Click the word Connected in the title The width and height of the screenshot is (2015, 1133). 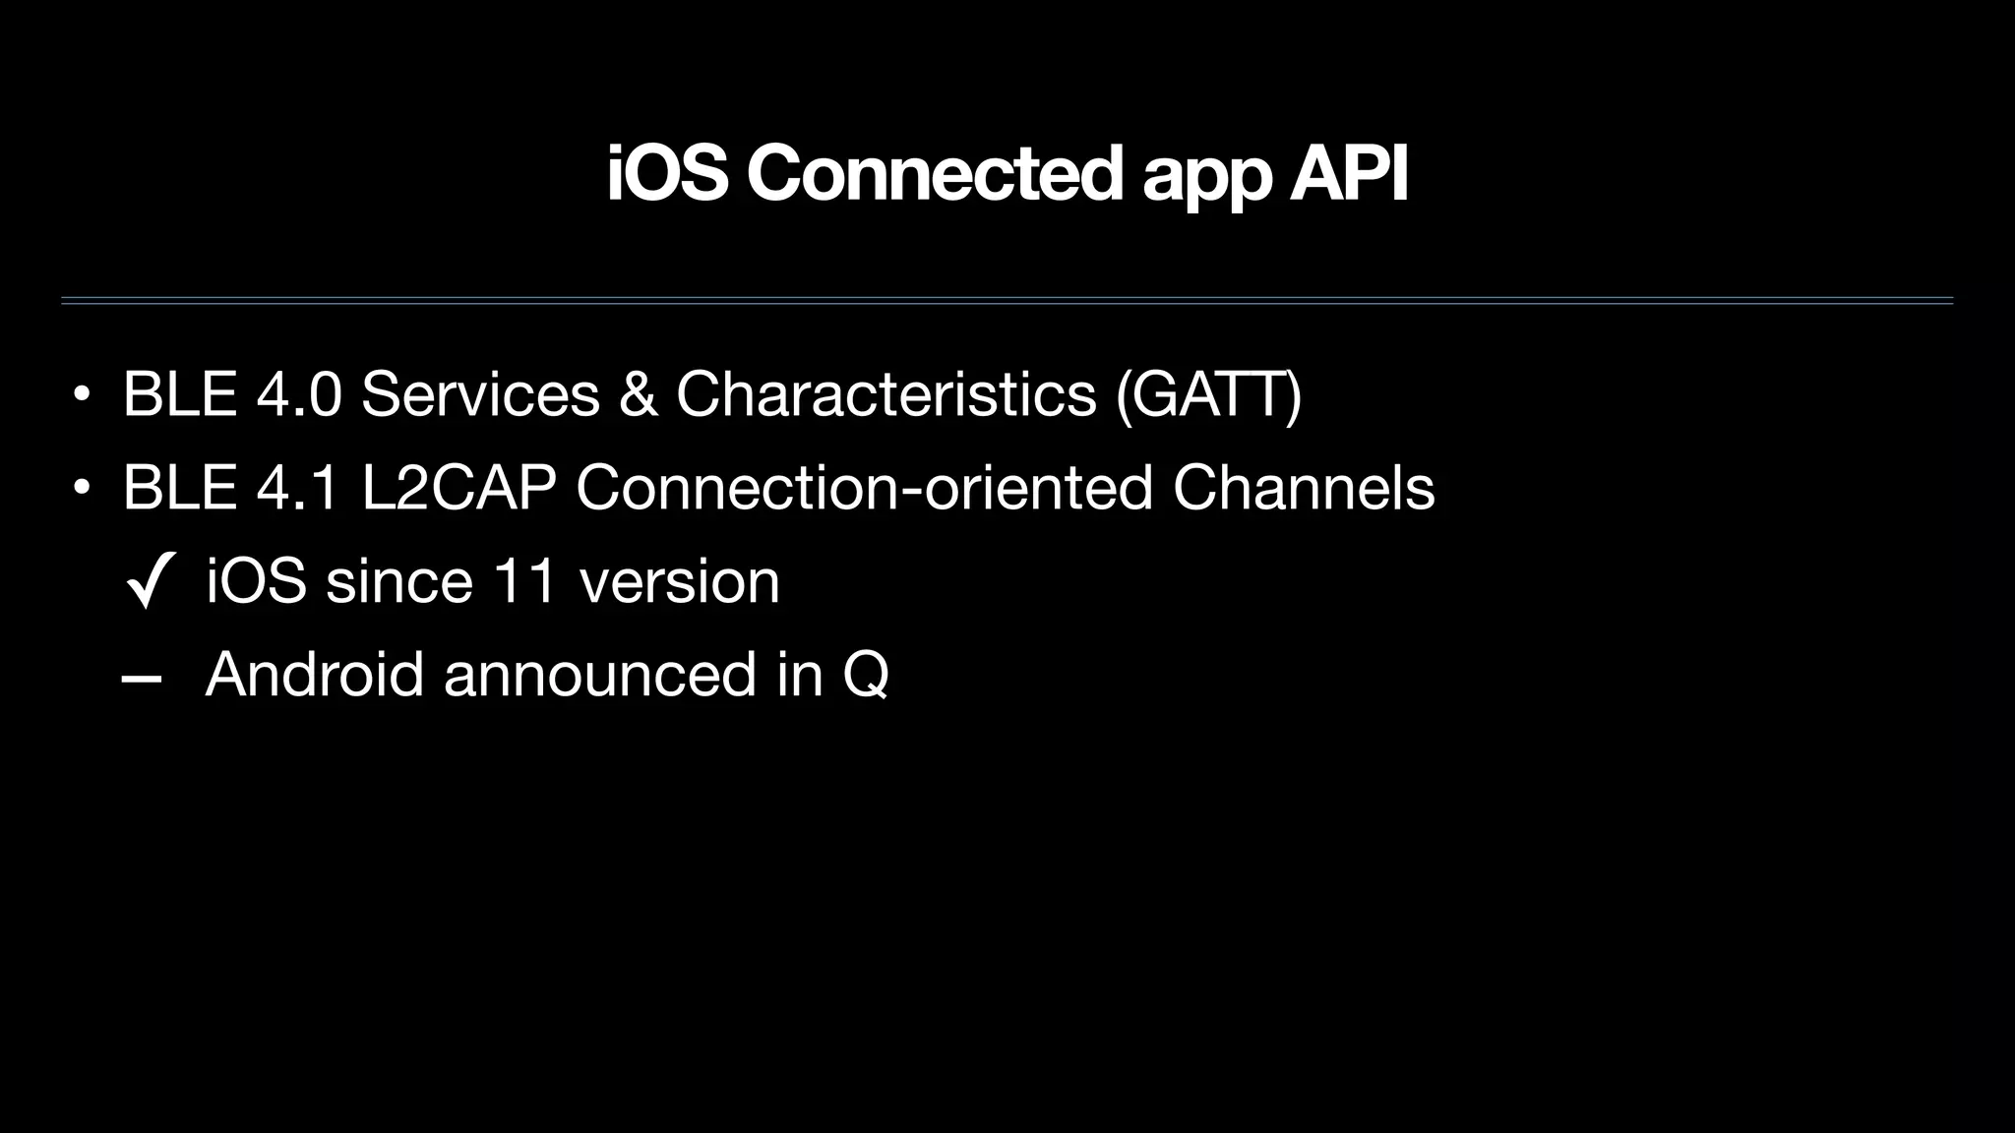coord(934,174)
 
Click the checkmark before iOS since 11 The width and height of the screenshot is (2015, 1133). coord(151,580)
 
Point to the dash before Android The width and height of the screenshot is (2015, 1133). coord(142,678)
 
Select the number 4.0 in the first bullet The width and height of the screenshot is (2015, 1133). coord(299,394)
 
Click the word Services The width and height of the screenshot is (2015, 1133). coord(480,394)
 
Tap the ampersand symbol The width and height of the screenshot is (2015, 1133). coord(639,394)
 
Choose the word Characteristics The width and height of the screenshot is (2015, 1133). coord(885,394)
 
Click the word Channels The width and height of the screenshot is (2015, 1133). coord(1304,488)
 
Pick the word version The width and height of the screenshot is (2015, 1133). coord(680,581)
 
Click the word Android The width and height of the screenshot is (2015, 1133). coord(315,675)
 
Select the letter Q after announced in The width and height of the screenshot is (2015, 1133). coord(866,676)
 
